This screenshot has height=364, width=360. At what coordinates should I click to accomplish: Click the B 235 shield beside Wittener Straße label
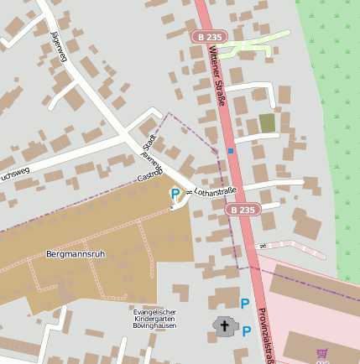tap(208, 37)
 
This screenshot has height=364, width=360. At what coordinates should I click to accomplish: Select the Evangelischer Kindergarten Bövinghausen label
tap(154, 319)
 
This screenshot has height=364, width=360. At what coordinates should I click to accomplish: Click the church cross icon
tap(224, 325)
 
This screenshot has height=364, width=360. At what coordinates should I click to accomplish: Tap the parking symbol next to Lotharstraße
tap(175, 194)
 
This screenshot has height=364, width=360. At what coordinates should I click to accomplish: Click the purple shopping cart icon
tap(321, 354)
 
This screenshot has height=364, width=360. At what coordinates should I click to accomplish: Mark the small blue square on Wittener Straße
tap(230, 151)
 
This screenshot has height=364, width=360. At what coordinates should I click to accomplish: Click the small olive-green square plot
tap(267, 123)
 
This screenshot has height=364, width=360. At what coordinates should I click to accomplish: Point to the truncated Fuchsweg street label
tap(15, 176)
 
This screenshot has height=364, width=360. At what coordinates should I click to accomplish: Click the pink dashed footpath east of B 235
tap(294, 248)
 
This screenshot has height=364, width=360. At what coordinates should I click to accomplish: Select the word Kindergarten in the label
tap(154, 319)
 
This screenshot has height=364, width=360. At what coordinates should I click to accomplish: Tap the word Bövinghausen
tap(154, 325)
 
